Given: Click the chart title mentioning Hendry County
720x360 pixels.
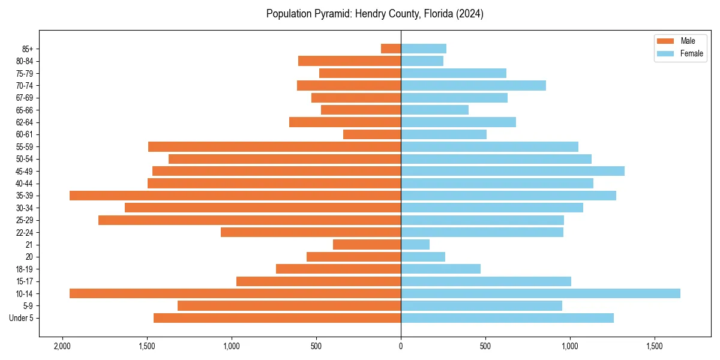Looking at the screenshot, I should tap(374, 14).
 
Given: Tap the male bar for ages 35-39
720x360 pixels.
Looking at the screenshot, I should tap(235, 196).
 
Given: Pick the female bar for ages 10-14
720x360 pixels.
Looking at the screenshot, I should tap(541, 293).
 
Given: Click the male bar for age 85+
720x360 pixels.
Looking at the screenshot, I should tap(391, 49).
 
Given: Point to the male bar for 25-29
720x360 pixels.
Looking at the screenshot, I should tap(250, 220).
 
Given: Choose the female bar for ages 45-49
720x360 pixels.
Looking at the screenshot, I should tap(512, 171).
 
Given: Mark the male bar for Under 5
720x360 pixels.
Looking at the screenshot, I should tap(277, 318).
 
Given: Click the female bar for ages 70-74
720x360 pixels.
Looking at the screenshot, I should tap(473, 85).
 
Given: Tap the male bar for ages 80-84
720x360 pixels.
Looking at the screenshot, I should tap(349, 61).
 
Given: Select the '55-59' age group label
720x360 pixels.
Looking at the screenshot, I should tap(25, 147).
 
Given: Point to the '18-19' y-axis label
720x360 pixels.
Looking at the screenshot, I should tap(25, 269).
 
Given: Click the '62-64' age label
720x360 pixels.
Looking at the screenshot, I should tap(25, 122).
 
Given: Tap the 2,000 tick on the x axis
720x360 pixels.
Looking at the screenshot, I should tap(62, 346).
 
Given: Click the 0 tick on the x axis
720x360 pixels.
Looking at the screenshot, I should tap(401, 346).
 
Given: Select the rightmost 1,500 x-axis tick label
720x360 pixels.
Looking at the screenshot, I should tap(654, 346).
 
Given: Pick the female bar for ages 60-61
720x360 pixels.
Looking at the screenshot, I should tap(443, 134).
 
